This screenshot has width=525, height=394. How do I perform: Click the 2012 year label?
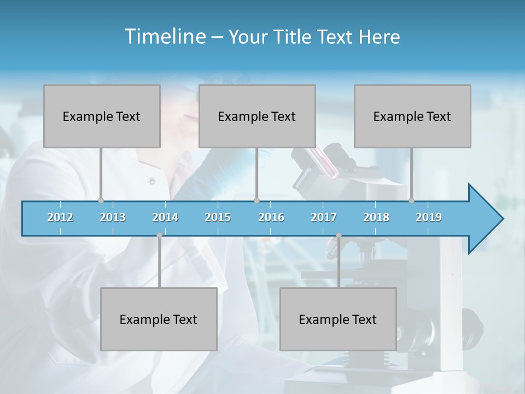tap(60, 217)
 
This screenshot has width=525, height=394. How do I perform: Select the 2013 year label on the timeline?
tap(113, 217)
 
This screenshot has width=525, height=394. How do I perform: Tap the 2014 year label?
tap(165, 217)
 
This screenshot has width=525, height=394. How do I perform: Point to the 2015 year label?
tap(218, 217)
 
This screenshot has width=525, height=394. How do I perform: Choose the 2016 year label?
tap(271, 217)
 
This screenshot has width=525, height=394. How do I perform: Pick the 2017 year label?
tap(324, 217)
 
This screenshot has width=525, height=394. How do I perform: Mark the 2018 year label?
tap(376, 217)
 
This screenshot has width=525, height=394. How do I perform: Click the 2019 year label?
tap(429, 217)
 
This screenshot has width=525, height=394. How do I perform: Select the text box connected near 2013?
tap(102, 117)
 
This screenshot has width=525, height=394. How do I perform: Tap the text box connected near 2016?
tap(257, 117)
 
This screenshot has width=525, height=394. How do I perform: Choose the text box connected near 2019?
tap(412, 117)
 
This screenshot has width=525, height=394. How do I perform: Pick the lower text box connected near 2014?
tap(159, 320)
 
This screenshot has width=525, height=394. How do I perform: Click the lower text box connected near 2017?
tap(338, 320)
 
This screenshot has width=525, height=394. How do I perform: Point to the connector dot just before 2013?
tap(101, 200)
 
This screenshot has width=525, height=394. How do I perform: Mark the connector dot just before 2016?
tap(257, 200)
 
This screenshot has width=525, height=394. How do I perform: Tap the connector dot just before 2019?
tap(412, 200)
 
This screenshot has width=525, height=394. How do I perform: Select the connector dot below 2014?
tap(159, 235)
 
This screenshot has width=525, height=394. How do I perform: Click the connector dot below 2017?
tap(339, 235)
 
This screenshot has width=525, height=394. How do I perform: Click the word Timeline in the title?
tap(164, 37)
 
